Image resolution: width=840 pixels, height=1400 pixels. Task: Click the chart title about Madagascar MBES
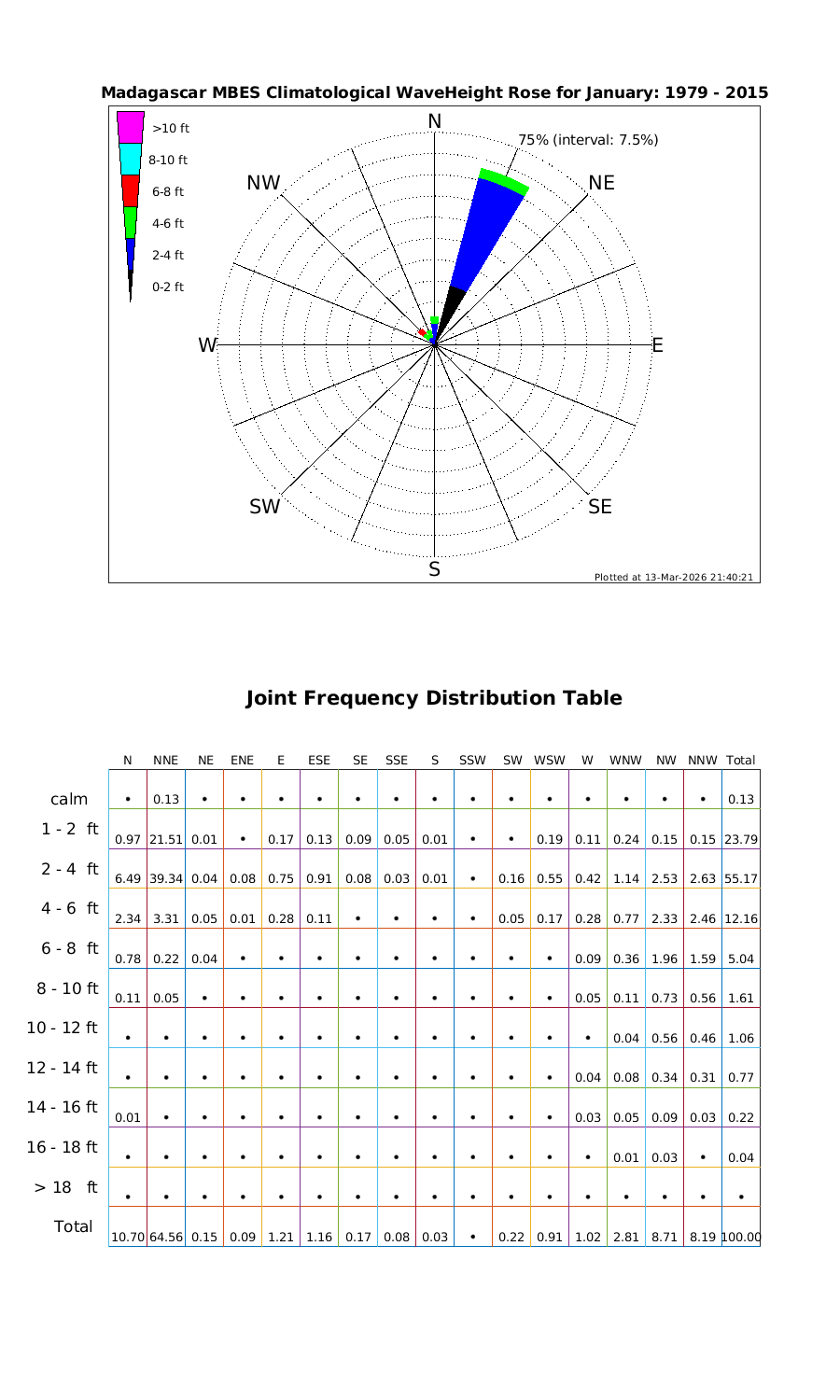pos(434,93)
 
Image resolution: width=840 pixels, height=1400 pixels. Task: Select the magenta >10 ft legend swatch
pos(131,128)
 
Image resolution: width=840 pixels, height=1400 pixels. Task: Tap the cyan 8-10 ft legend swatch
pos(131,159)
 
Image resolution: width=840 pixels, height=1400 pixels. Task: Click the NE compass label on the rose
pos(602,183)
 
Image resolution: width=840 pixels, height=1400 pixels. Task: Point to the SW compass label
pos(265,507)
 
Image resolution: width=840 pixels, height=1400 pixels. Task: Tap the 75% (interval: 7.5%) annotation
pos(588,140)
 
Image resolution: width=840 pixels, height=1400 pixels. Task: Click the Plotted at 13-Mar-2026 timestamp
pos(674,577)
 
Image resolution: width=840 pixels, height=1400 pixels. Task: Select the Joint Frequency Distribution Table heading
pos(434,698)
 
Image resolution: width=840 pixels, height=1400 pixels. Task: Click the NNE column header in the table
pos(165,761)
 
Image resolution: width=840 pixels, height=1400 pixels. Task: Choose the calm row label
pos(69,799)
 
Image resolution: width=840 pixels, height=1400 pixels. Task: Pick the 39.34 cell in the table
pos(165,879)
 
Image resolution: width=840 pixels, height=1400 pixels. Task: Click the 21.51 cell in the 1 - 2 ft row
pos(165,839)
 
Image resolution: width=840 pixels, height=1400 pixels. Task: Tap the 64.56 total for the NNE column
pos(165,1238)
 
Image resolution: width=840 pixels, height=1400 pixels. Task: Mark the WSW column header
pos(550,761)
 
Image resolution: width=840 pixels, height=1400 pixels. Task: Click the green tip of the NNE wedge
pos(505,181)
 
